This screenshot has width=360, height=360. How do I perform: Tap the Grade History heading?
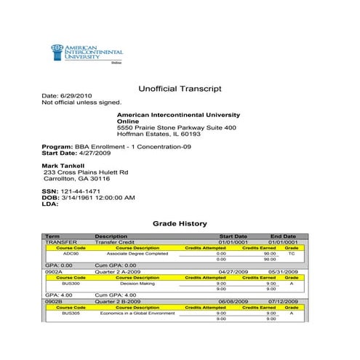click(x=179, y=223)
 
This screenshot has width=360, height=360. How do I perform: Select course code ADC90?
click(x=71, y=253)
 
